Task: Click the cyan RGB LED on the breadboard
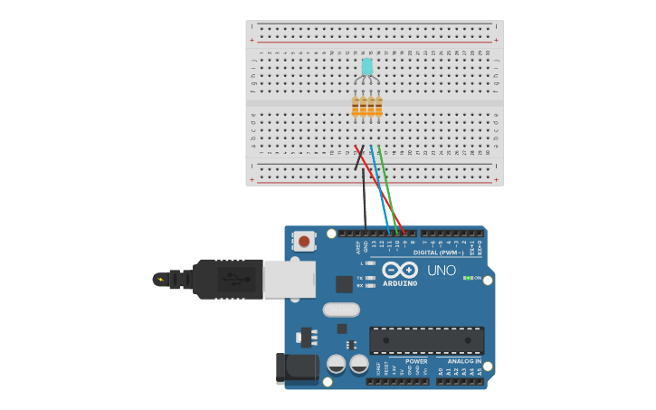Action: (x=366, y=67)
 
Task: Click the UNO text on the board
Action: (x=441, y=271)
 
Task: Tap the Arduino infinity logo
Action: (x=399, y=270)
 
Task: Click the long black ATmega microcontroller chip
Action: (x=426, y=339)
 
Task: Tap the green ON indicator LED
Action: (x=467, y=278)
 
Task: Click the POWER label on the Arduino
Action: (x=416, y=361)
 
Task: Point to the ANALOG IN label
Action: (x=464, y=361)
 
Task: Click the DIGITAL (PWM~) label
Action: (x=438, y=253)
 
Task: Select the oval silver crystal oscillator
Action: (x=341, y=310)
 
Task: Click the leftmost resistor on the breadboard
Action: (x=356, y=107)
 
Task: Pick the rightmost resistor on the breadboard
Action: (x=378, y=107)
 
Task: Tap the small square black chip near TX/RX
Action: (x=344, y=284)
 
